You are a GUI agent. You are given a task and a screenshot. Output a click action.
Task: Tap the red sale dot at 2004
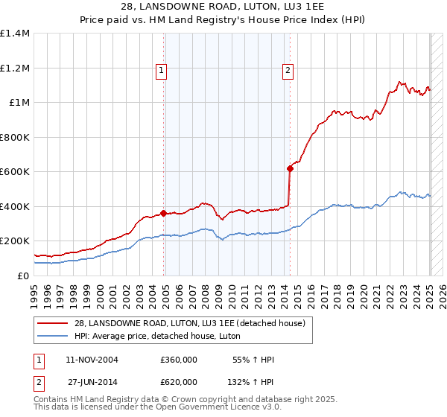click(163, 213)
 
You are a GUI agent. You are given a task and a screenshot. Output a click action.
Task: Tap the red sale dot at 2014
click(290, 168)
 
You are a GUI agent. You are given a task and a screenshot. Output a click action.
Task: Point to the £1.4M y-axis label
click(15, 34)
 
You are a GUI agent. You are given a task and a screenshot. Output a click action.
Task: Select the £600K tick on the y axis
click(15, 172)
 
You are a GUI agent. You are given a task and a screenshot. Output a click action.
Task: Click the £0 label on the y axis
click(22, 276)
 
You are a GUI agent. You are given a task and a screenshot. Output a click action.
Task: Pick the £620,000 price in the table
click(179, 381)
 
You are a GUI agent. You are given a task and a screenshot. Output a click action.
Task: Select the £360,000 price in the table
click(179, 360)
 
